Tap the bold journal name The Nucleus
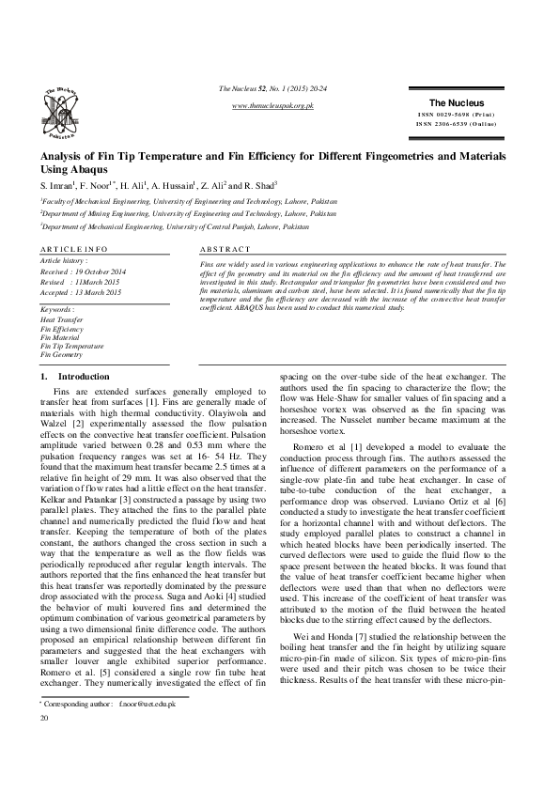[456, 102]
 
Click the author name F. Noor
[97, 186]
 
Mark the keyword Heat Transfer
[60, 320]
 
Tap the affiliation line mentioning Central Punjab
[174, 227]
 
